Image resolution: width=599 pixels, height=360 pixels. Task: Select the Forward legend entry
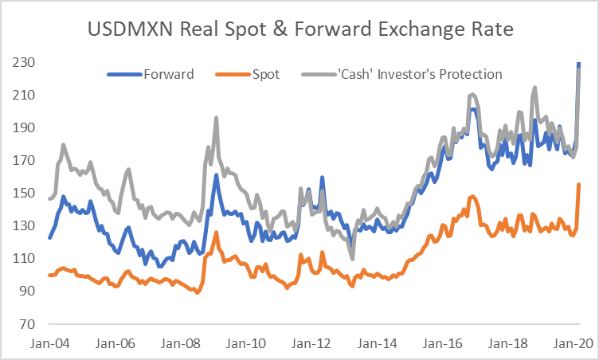167,75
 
